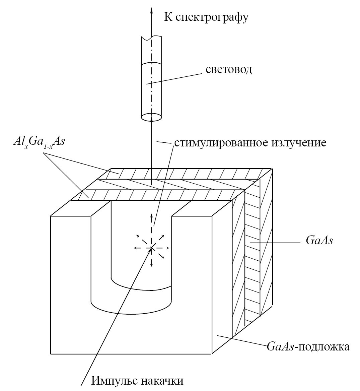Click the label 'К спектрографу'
206,17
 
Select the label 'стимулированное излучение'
250,143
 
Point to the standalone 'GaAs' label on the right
319,241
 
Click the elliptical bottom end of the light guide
152,117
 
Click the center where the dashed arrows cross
151,248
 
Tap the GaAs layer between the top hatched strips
174,184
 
